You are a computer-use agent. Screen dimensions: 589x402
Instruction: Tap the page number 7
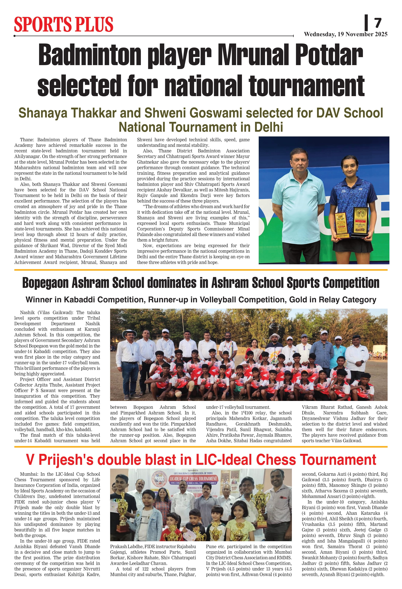pos(378,23)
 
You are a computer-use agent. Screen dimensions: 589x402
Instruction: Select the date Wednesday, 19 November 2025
pos(345,34)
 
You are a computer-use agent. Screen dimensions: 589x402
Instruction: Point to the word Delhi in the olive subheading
pos(269,127)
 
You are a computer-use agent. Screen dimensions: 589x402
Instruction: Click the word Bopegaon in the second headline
pos(45,283)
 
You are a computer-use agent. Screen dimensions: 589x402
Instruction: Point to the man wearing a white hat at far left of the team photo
pos(129,347)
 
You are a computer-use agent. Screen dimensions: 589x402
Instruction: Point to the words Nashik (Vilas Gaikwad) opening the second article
pos(47,312)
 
